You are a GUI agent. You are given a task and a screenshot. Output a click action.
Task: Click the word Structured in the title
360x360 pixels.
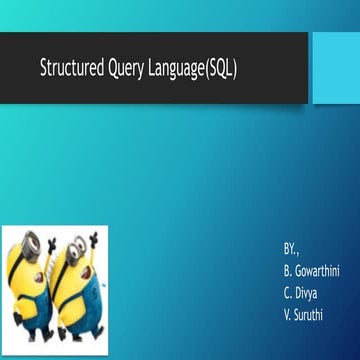pyautogui.click(x=72, y=69)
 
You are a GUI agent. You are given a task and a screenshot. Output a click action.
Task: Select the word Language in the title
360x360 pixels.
pyautogui.click(x=181, y=70)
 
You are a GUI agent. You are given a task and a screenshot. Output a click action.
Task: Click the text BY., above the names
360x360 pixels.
pyautogui.click(x=291, y=246)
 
